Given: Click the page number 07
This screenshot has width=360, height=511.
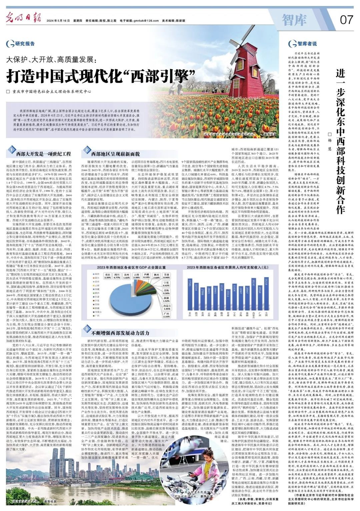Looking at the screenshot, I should click(x=346, y=20).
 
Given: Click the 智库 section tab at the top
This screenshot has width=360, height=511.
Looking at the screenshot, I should click(x=294, y=20).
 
